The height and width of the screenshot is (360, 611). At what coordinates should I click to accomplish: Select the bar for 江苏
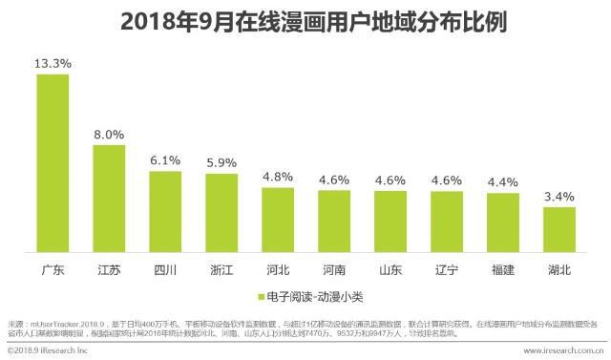tap(109, 198)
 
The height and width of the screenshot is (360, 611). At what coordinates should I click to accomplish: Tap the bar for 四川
tap(165, 211)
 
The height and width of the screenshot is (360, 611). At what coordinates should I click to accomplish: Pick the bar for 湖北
tap(559, 229)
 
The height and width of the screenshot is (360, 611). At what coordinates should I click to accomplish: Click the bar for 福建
tap(503, 222)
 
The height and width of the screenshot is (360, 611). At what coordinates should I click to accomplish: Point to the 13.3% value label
tap(53, 63)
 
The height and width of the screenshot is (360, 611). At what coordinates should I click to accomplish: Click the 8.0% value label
tap(109, 135)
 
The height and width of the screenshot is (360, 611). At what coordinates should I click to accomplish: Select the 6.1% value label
tap(165, 160)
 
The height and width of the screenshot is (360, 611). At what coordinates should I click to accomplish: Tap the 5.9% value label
tap(221, 162)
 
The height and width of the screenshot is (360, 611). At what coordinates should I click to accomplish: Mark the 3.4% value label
tap(559, 197)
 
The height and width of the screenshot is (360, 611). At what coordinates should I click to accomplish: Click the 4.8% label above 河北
tap(278, 177)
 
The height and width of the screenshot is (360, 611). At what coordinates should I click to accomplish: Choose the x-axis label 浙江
tap(221, 269)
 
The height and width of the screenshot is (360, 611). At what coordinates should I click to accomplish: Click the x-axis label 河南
tap(334, 269)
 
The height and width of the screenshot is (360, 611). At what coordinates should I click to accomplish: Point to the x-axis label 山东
tap(390, 269)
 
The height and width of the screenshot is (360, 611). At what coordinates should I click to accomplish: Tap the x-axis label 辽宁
tap(447, 269)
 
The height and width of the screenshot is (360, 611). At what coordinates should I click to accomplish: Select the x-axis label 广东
tap(53, 269)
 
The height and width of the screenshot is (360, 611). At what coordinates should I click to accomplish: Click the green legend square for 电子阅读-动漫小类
tap(261, 295)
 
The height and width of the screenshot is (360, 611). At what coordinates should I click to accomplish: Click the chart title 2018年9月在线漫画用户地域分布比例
tap(305, 21)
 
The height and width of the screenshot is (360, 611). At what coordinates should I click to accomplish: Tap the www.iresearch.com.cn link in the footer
tap(558, 351)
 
